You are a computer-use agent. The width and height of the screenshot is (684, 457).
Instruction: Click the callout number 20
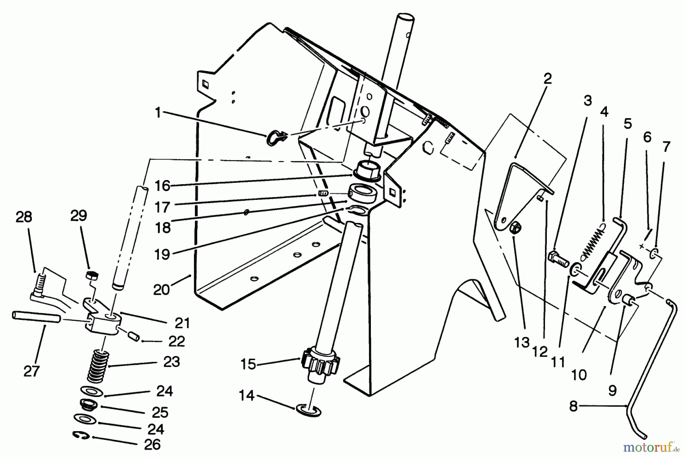tap(161, 290)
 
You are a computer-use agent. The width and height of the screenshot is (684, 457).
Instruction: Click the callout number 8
tap(573, 406)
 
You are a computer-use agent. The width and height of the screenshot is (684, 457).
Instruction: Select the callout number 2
tap(547, 79)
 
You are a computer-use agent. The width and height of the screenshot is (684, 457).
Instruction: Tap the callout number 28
tap(24, 217)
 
